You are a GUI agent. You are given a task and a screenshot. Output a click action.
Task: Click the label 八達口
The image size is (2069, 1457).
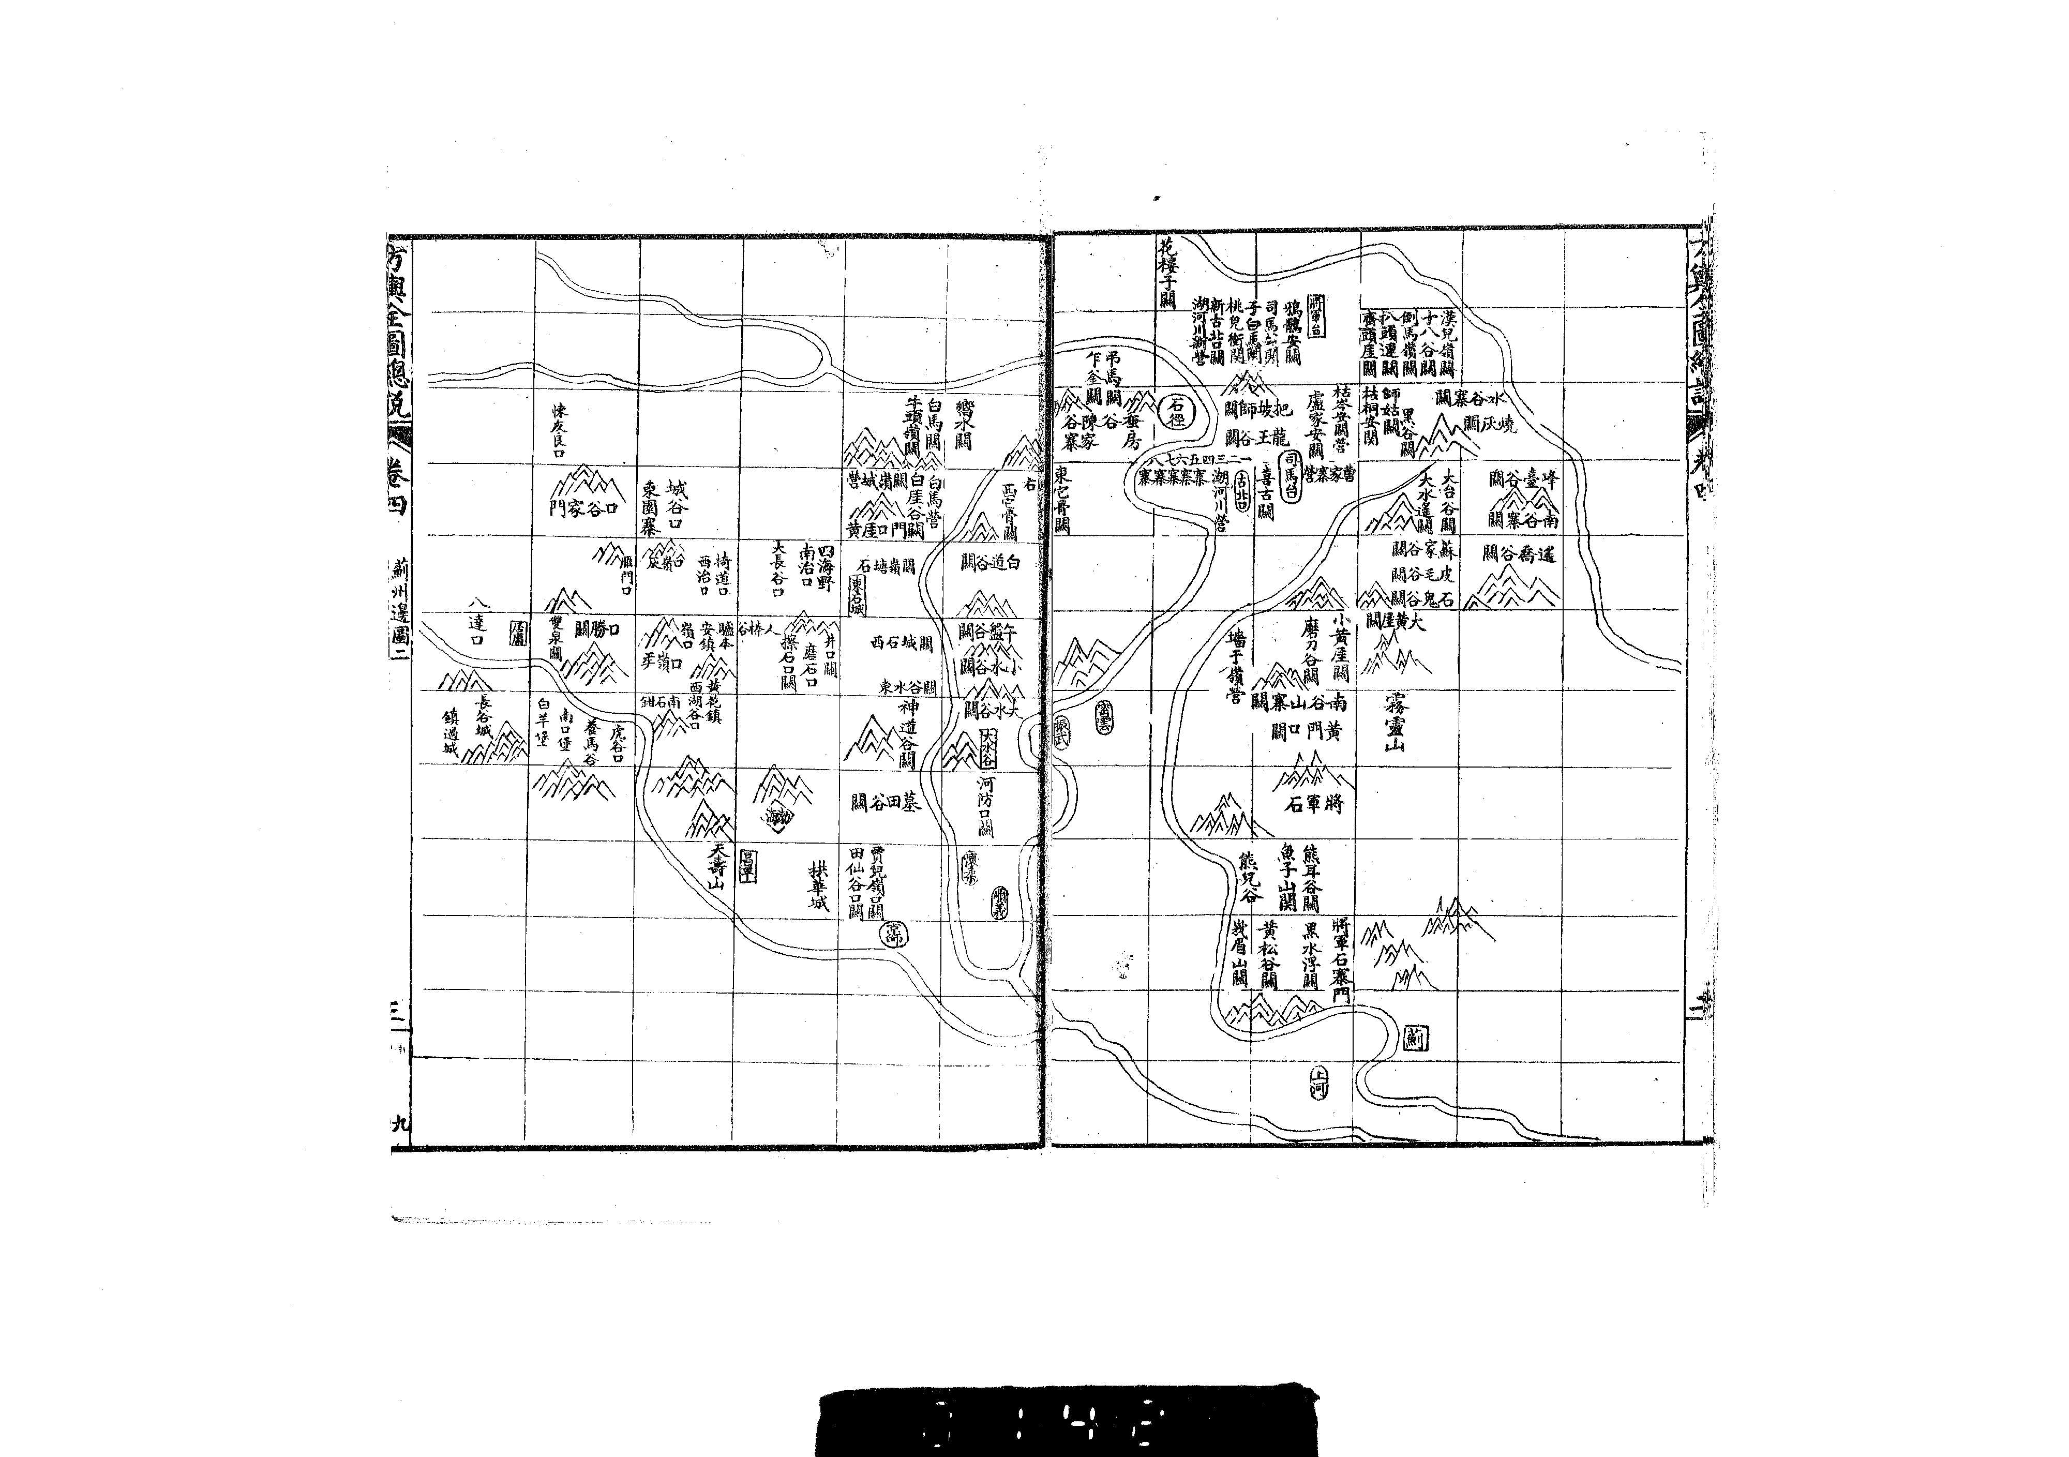click(477, 620)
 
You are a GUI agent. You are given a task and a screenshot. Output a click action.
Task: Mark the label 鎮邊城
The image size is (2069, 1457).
click(449, 732)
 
